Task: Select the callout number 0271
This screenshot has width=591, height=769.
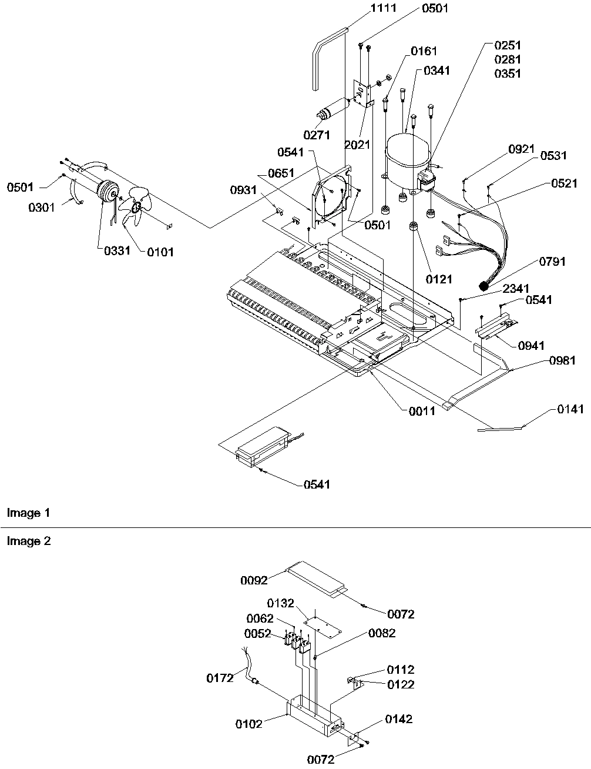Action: click(317, 135)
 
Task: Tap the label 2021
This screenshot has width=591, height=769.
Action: click(357, 143)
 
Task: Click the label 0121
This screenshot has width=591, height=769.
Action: click(438, 279)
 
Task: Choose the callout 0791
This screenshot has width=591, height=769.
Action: click(551, 262)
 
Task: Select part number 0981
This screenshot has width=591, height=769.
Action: click(563, 360)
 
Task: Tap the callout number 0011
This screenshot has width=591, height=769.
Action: click(422, 411)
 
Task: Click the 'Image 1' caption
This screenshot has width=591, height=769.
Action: click(28, 513)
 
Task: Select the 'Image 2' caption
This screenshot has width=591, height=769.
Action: click(29, 541)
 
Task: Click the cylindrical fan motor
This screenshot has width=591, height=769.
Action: click(106, 192)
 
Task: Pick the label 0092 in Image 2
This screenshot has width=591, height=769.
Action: click(254, 580)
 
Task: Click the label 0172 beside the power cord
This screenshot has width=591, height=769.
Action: click(220, 678)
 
